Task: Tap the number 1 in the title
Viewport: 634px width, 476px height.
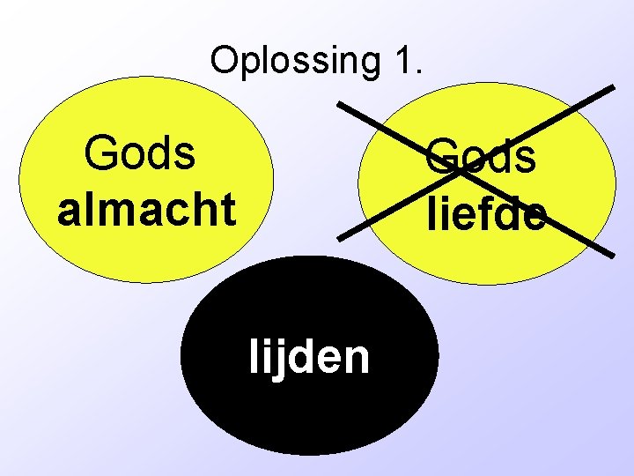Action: (402, 60)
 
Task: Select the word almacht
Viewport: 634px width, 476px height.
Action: (147, 209)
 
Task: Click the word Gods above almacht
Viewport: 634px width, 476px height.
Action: (140, 153)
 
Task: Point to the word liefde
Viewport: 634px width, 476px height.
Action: (483, 213)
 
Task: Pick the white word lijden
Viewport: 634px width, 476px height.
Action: (309, 357)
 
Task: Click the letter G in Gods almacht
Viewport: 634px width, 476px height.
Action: (100, 153)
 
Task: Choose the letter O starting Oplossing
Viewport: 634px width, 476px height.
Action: (225, 60)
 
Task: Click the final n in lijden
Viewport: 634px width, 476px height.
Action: (358, 359)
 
